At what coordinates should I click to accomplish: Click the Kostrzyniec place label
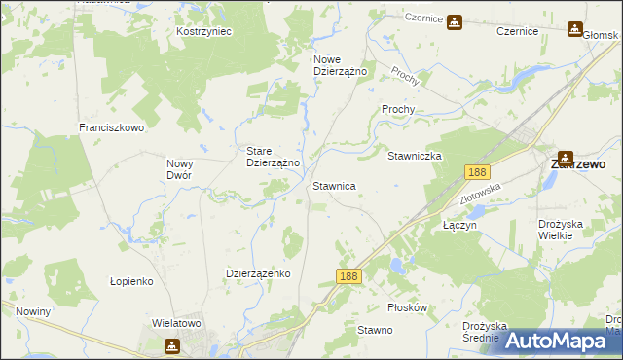pyautogui.click(x=203, y=31)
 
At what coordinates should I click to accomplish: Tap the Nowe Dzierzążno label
pyautogui.click(x=339, y=65)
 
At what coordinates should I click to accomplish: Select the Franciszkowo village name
pyautogui.click(x=111, y=127)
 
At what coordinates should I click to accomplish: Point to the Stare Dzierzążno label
pyautogui.click(x=273, y=157)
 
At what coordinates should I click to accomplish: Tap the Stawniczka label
pyautogui.click(x=416, y=156)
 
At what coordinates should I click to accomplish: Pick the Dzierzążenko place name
pyautogui.click(x=259, y=273)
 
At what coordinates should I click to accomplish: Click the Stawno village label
pyautogui.click(x=375, y=331)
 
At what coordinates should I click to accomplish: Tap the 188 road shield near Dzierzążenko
pyautogui.click(x=350, y=277)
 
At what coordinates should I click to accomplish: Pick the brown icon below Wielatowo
pyautogui.click(x=172, y=344)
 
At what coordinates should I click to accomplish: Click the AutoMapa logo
pyautogui.click(x=560, y=341)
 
